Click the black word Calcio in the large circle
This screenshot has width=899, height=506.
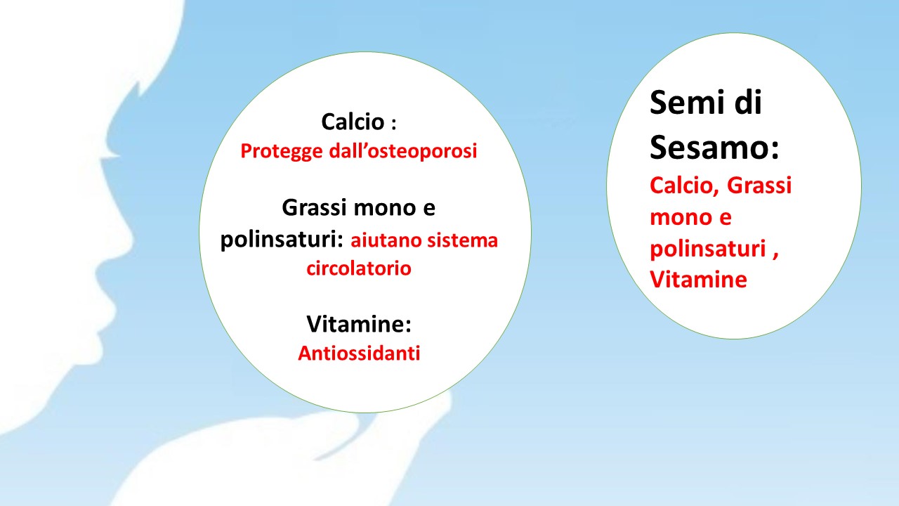(x=353, y=122)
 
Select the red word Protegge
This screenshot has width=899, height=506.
(x=282, y=152)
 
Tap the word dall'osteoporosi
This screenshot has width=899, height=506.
(x=403, y=150)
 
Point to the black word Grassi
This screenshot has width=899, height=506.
(x=314, y=207)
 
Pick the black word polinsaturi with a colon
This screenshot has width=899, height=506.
(x=282, y=240)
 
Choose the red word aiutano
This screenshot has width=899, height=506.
(x=386, y=240)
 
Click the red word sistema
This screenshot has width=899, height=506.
(x=462, y=240)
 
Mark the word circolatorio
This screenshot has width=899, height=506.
(x=359, y=268)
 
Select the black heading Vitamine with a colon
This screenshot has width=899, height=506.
(x=359, y=324)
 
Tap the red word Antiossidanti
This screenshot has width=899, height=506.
(x=359, y=353)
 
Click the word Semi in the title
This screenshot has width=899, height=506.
(x=688, y=103)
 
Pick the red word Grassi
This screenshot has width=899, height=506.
(x=759, y=186)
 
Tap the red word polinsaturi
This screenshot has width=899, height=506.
(x=709, y=249)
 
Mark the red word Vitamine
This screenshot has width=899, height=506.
(x=698, y=279)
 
